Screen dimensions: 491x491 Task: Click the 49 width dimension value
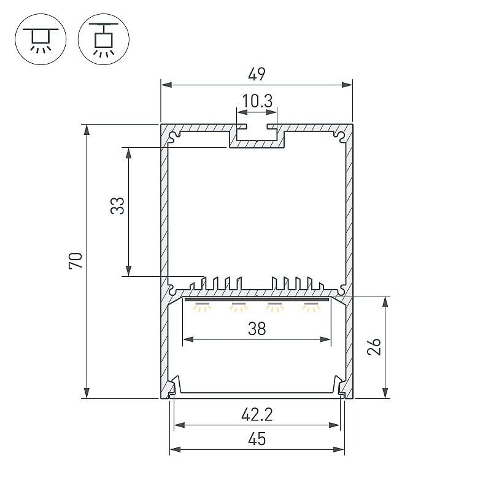[x=257, y=74]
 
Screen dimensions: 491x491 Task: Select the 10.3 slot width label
[x=257, y=101]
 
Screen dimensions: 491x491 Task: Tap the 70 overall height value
[x=75, y=260]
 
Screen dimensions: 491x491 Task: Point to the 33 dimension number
[x=117, y=206]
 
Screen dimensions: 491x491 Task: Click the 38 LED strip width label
[x=257, y=329]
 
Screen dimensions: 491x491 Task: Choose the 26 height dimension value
[x=374, y=346]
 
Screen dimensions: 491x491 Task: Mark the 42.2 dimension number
[x=257, y=415]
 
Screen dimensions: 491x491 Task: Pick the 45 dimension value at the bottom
[x=257, y=439]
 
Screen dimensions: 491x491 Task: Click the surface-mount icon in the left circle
[x=41, y=39]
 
